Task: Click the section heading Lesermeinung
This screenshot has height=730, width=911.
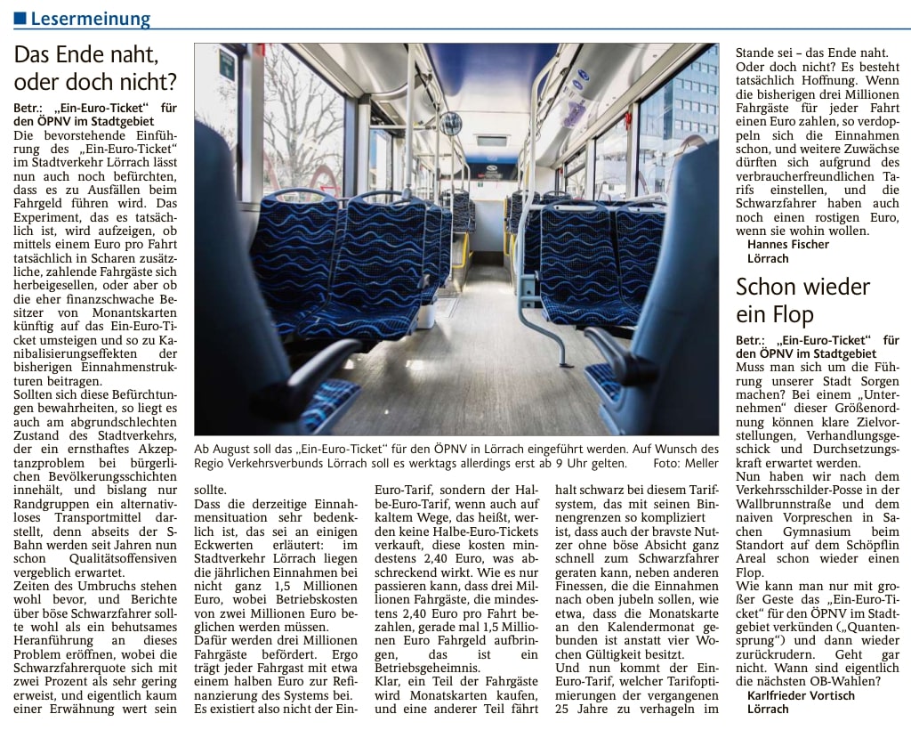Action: pos(90,19)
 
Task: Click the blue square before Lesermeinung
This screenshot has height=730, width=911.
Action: pos(20,19)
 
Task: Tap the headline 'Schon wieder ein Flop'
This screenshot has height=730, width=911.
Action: pos(802,300)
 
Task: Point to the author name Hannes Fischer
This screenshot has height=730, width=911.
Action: pos(787,244)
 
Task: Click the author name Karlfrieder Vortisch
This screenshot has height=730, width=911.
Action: pos(801,695)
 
